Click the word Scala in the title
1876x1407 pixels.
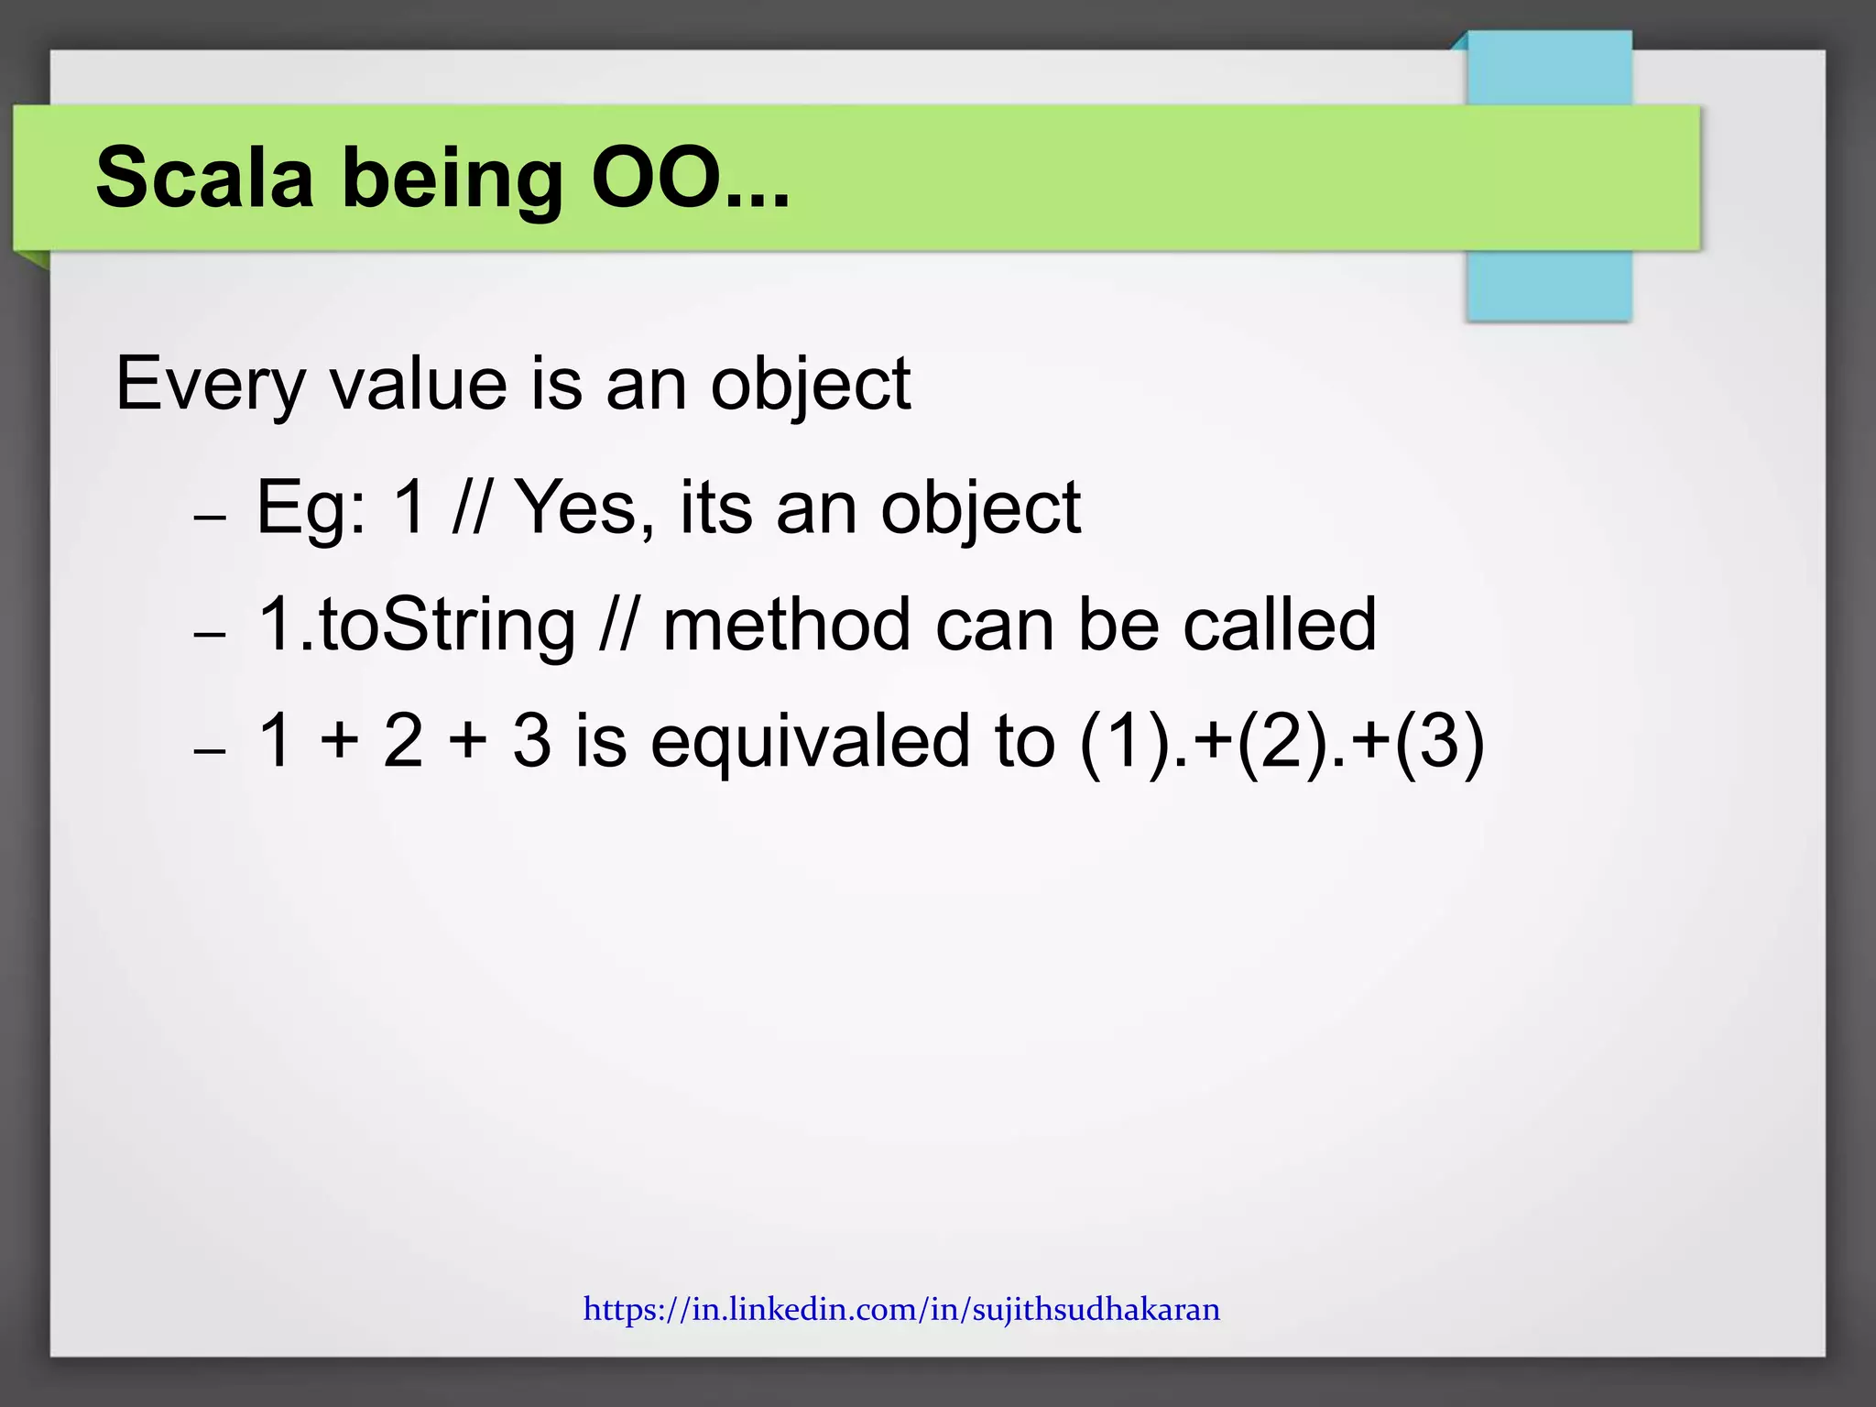click(x=204, y=178)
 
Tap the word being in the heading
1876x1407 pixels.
click(x=453, y=180)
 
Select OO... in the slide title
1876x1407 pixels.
click(x=690, y=178)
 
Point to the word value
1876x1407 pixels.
click(x=418, y=383)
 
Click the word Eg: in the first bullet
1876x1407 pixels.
click(x=311, y=509)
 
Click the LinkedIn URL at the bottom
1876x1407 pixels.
click(x=901, y=1309)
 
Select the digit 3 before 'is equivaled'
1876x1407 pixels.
click(x=532, y=741)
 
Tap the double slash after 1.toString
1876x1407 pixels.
click(x=618, y=625)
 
